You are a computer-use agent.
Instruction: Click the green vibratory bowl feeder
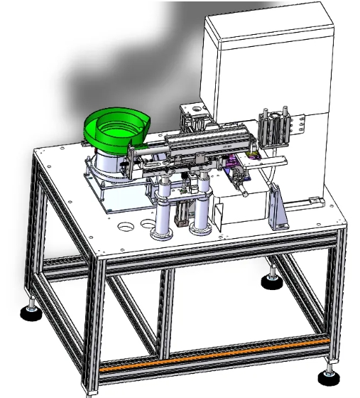(114, 128)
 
